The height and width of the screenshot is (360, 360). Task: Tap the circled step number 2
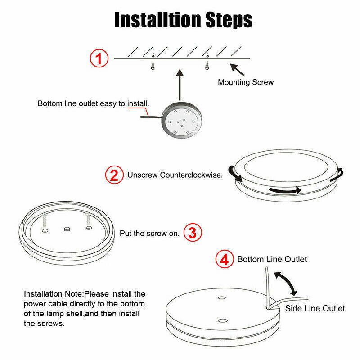pyautogui.click(x=115, y=175)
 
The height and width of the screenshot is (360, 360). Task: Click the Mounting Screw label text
pyautogui.click(x=246, y=82)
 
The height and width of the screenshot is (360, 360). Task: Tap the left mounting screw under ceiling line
pyautogui.click(x=153, y=65)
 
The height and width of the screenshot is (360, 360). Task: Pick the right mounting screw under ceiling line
pyautogui.click(x=207, y=65)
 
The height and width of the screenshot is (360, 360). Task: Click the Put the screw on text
pyautogui.click(x=150, y=234)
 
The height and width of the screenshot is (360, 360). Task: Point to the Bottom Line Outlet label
pyautogui.click(x=272, y=259)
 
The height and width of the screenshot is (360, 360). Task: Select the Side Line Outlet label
pyautogui.click(x=315, y=308)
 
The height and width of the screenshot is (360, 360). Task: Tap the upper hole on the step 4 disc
pyautogui.click(x=221, y=298)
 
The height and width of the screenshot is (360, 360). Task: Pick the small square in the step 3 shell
pyautogui.click(x=67, y=229)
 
